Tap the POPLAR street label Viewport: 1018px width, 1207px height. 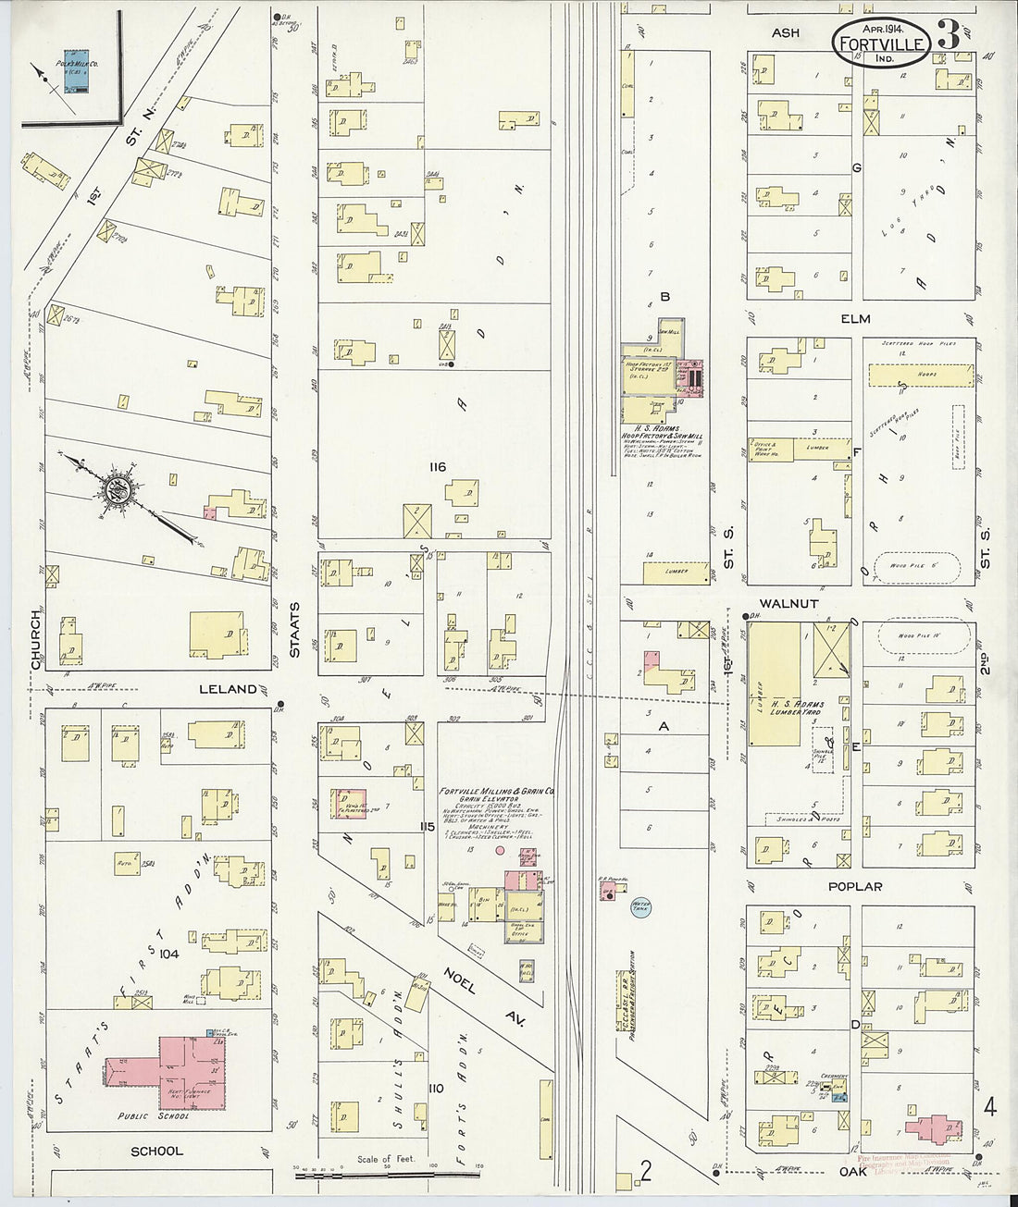[x=856, y=886]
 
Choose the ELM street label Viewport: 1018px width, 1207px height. [x=856, y=319]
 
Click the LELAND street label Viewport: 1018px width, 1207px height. [x=227, y=689]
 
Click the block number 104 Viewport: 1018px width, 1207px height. [x=169, y=953]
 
